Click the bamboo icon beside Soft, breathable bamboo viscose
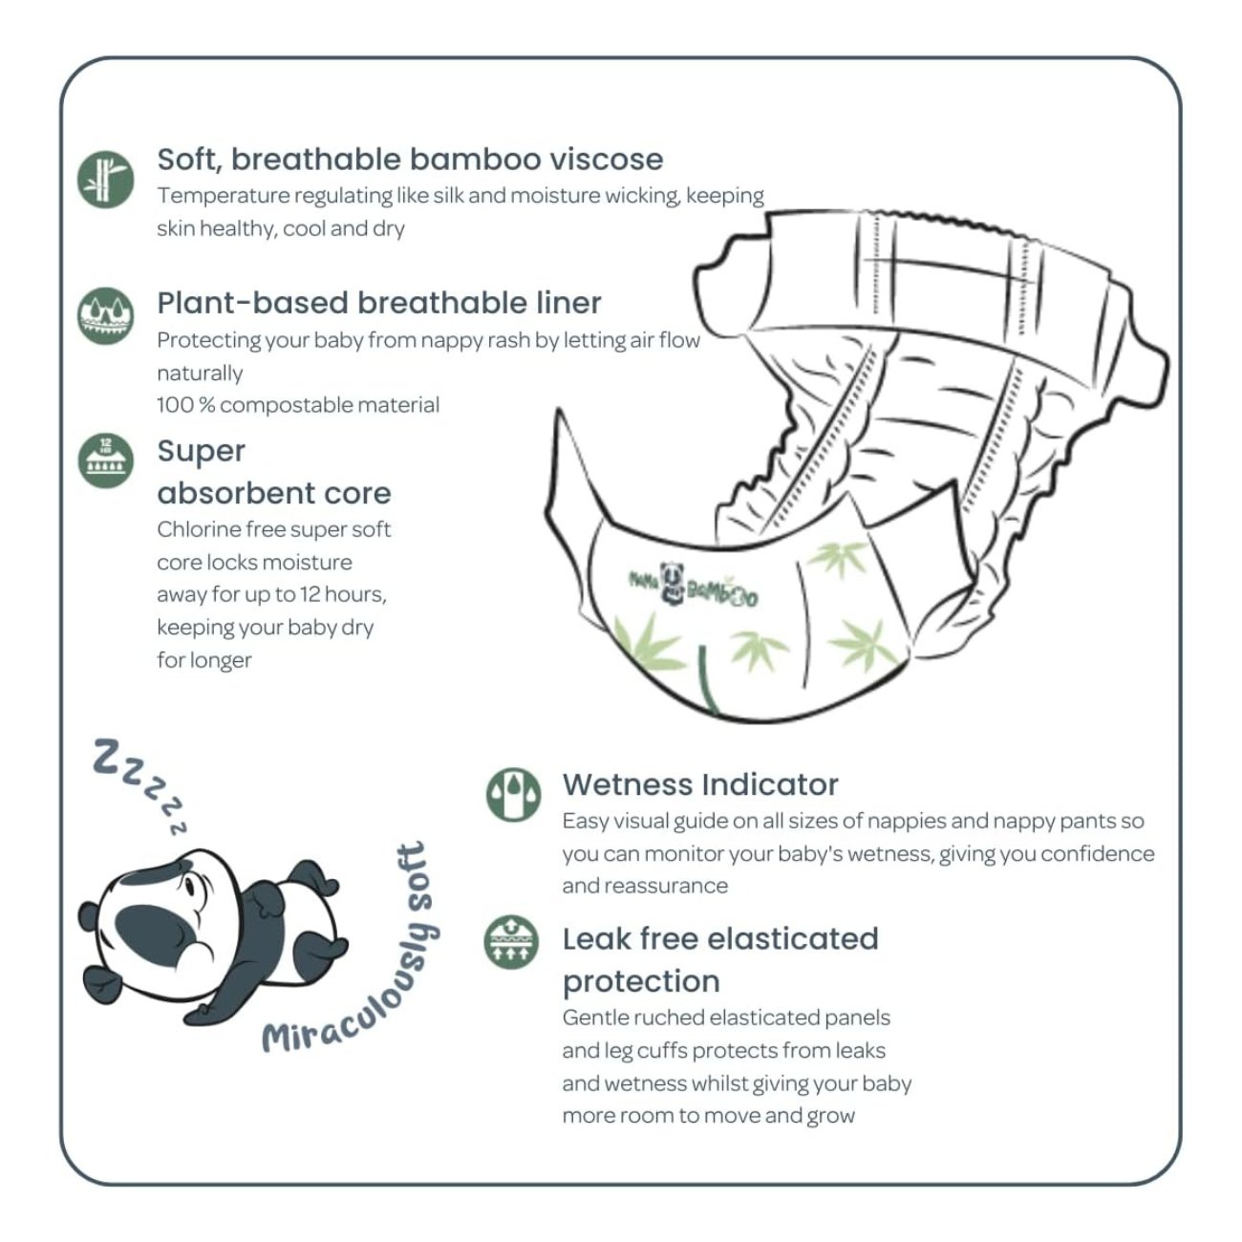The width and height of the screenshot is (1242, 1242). [x=105, y=178]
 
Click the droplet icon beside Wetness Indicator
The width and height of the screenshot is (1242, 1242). [x=513, y=795]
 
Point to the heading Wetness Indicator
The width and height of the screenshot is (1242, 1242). [x=699, y=784]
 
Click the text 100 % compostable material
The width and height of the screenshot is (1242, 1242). [x=298, y=405]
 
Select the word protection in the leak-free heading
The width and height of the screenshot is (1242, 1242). [x=640, y=981]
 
